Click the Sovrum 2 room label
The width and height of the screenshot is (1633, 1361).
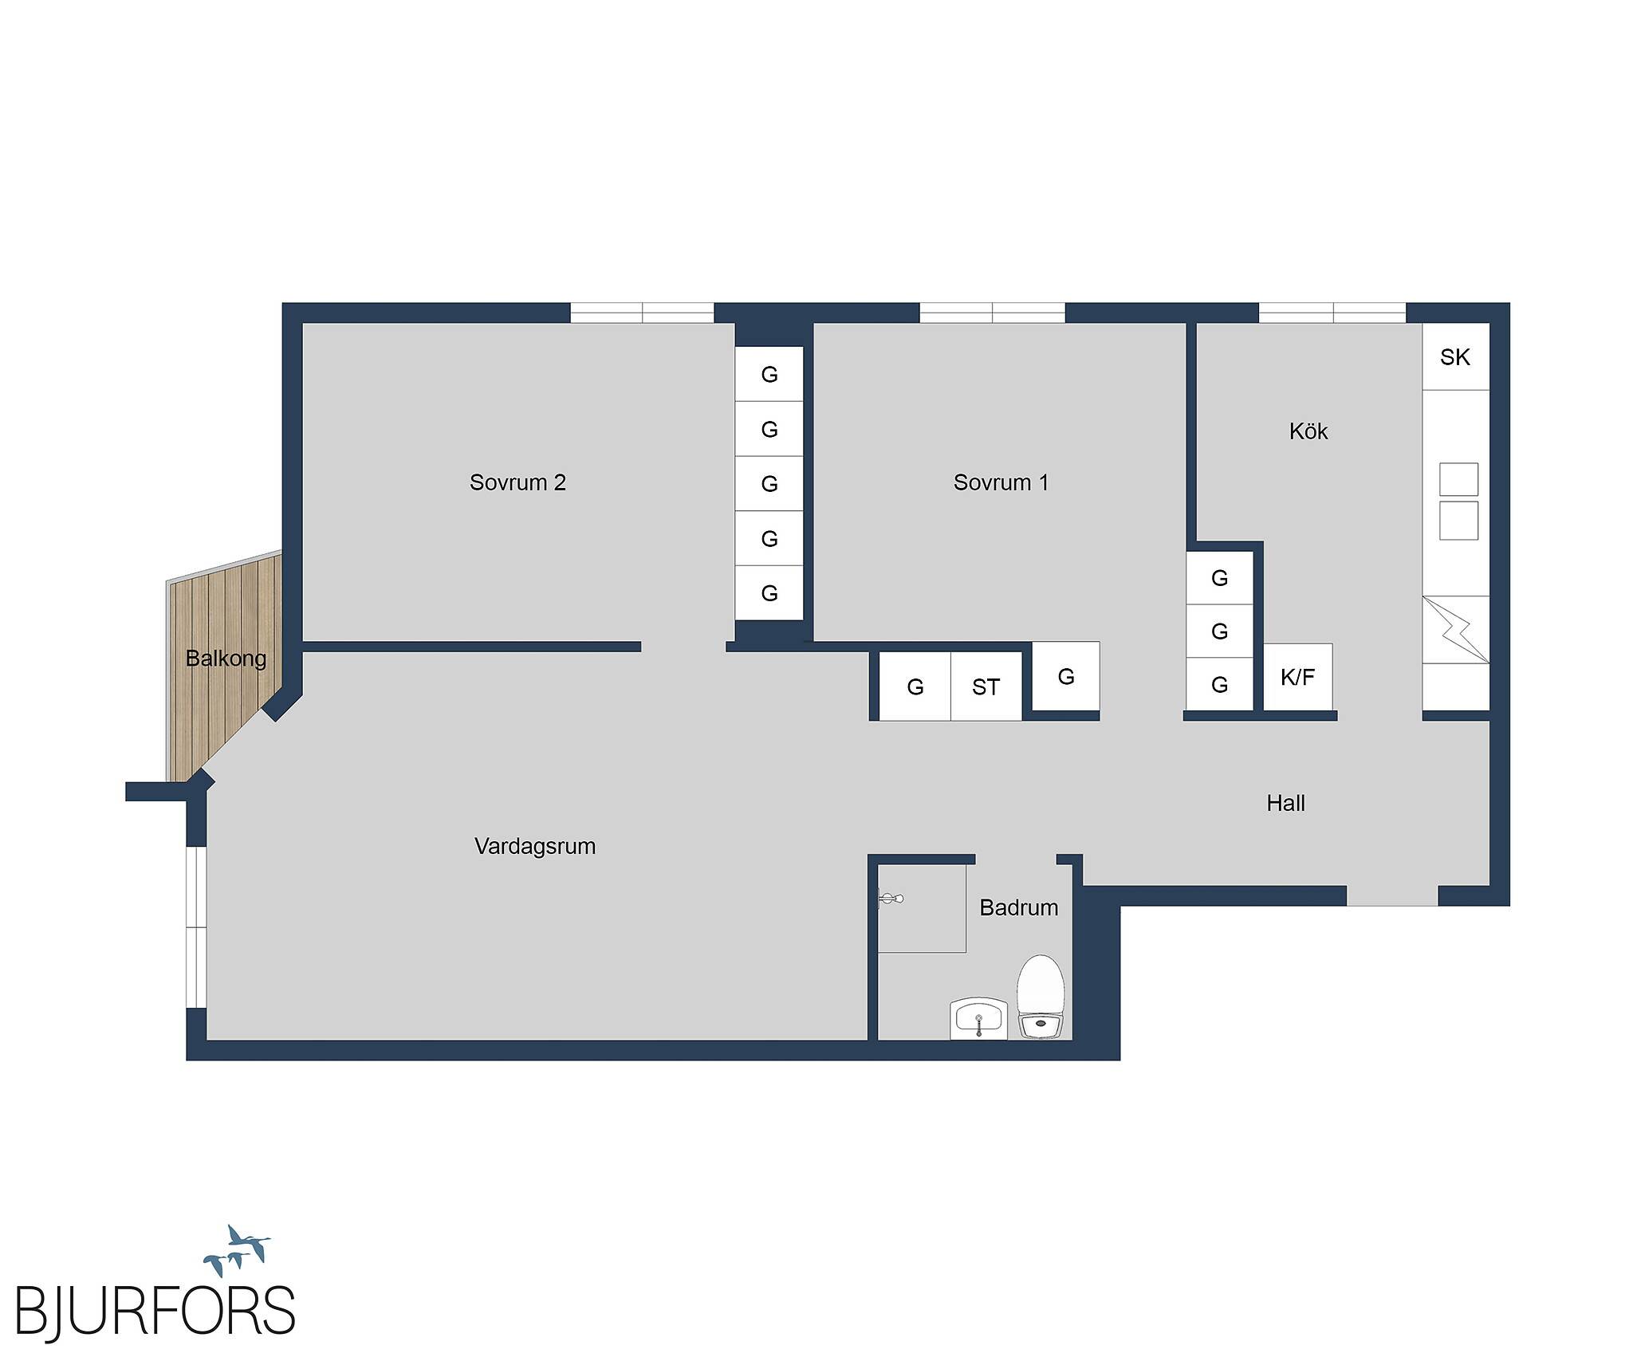coord(517,482)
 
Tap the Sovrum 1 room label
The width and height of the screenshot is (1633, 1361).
coord(1001,482)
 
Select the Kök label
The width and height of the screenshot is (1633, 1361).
coord(1308,431)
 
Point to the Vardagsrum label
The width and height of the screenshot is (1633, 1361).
coord(535,846)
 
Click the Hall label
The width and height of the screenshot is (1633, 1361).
coord(1285,803)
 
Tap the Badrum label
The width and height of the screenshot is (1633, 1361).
coord(1019,907)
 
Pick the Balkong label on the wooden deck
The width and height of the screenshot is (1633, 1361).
coord(226,659)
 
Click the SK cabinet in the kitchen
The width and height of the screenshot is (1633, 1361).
coord(1455,356)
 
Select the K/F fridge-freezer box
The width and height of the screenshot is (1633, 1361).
coord(1298,677)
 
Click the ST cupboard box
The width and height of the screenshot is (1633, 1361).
coord(986,686)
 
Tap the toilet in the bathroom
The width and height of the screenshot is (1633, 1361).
coord(1041,997)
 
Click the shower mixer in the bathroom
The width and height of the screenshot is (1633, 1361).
coord(891,899)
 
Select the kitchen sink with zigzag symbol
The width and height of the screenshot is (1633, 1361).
coord(1456,630)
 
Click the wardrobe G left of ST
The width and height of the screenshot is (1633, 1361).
coord(915,686)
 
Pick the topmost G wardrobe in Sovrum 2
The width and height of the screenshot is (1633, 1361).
coord(769,374)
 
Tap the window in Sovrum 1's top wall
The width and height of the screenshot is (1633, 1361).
coord(993,313)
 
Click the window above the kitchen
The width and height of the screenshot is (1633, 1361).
coord(1332,313)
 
